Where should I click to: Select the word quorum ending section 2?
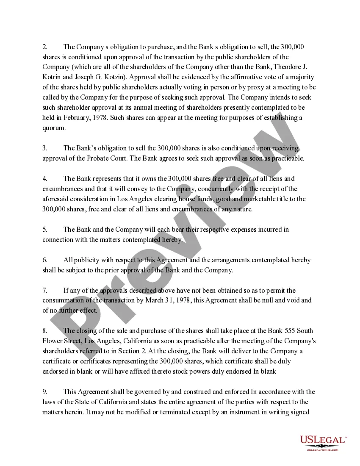(54, 128)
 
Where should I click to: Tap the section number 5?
(44, 230)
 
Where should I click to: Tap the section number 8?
(44, 331)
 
